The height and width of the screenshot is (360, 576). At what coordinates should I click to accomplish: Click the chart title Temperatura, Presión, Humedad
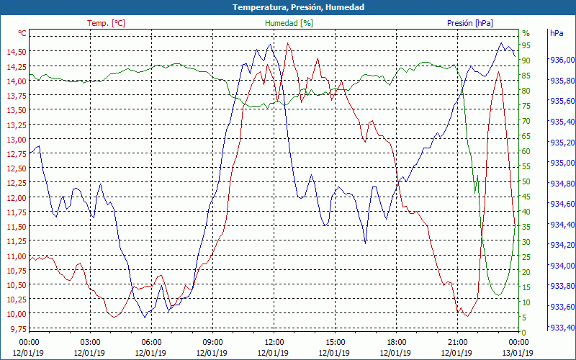click(288, 7)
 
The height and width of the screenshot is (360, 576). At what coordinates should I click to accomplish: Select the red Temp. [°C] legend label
click(106, 23)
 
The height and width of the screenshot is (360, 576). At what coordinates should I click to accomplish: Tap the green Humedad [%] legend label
click(289, 23)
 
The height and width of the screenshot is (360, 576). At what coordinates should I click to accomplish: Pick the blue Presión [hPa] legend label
click(470, 23)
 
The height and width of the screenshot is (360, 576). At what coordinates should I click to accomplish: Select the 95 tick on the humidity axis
click(526, 45)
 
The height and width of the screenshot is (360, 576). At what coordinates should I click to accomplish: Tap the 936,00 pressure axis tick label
click(562, 60)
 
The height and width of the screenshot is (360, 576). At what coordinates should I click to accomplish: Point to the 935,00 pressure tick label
click(562, 163)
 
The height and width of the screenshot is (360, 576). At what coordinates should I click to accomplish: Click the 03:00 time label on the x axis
click(90, 342)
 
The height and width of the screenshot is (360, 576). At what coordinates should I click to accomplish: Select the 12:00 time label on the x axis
click(274, 342)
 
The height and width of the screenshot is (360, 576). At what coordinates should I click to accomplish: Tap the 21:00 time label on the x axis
click(457, 342)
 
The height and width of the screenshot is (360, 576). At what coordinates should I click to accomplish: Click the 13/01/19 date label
click(518, 353)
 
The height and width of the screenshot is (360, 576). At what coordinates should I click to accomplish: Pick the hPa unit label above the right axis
click(557, 33)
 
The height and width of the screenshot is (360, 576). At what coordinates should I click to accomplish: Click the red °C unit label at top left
click(22, 33)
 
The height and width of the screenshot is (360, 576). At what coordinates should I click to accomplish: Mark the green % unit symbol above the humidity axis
click(526, 33)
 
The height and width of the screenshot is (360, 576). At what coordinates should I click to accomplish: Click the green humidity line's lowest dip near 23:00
click(498, 295)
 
